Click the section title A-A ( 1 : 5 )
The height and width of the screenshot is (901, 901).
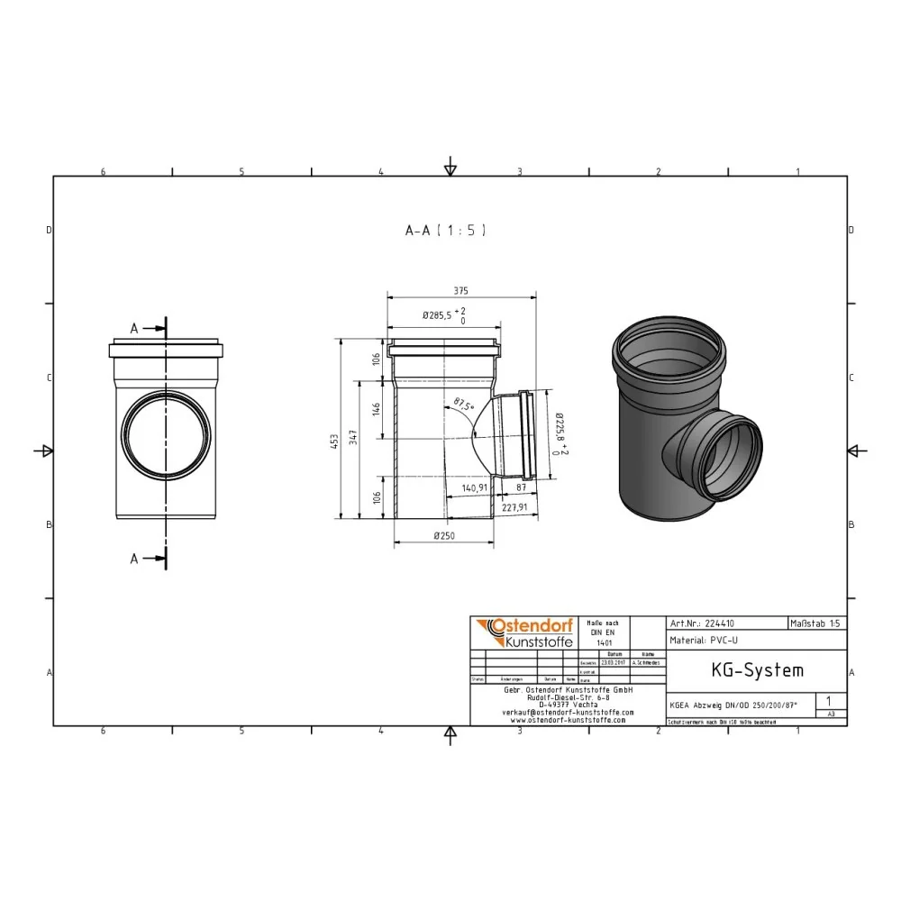446,231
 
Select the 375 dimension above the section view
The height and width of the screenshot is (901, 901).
460,292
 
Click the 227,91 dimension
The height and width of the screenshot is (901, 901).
514,507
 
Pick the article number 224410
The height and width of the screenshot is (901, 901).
718,623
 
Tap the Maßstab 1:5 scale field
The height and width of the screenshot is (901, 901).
815,623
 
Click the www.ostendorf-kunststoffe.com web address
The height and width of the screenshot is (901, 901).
567,720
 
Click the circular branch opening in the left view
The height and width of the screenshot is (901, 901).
166,436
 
